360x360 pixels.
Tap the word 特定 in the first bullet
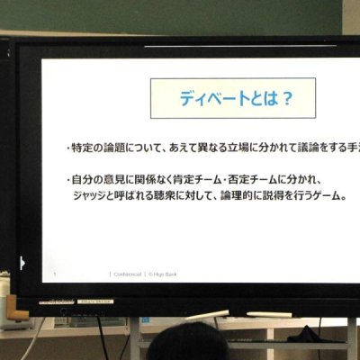(85, 147)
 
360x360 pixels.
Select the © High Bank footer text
(162, 274)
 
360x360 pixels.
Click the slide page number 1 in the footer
(55, 274)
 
